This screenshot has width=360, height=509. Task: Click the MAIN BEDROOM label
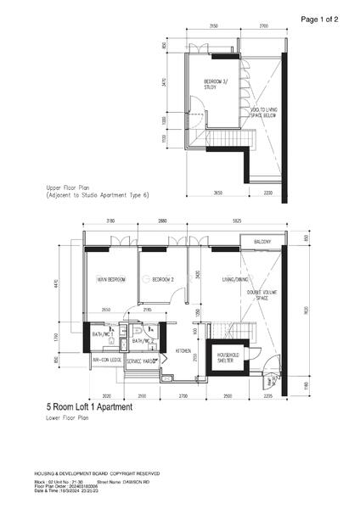(112, 278)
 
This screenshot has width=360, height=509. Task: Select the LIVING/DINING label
(233, 278)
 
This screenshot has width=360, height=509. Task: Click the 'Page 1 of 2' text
(320, 18)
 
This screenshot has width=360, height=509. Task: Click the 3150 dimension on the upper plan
(213, 26)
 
